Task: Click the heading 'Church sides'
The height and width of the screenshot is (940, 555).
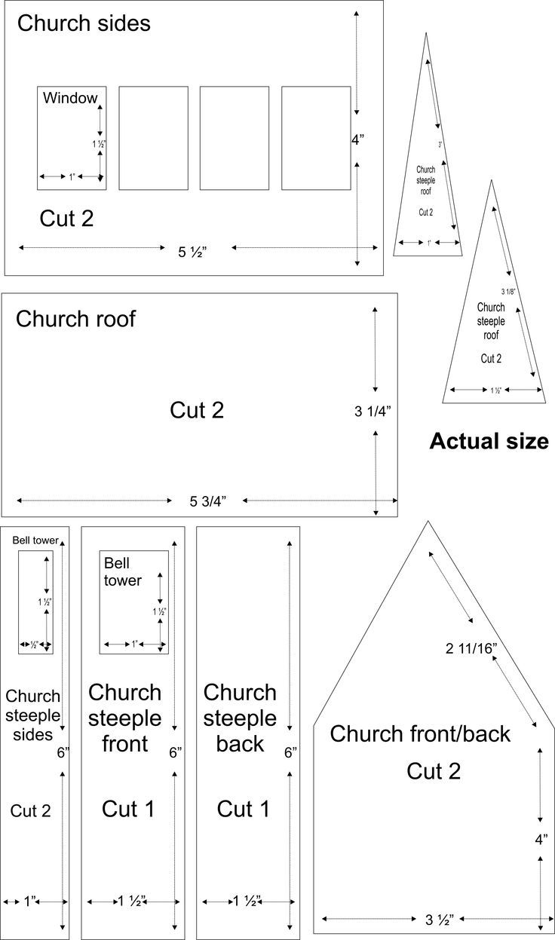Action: [x=84, y=23]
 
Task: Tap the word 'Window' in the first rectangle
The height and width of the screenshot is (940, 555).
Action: [x=70, y=97]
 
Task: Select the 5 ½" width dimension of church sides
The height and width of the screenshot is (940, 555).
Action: [x=193, y=253]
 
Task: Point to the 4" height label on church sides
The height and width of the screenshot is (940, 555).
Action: [x=358, y=139]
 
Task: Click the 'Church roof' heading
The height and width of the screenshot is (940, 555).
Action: [x=75, y=319]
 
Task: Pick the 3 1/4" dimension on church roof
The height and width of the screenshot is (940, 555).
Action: [x=373, y=411]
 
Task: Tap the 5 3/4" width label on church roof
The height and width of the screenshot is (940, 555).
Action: [x=207, y=501]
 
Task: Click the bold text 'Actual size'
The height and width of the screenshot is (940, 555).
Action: [x=489, y=442]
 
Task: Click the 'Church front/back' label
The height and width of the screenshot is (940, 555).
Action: [x=420, y=733]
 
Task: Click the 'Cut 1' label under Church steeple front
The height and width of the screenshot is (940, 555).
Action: [x=128, y=810]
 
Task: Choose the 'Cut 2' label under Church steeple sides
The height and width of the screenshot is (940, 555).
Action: [x=31, y=810]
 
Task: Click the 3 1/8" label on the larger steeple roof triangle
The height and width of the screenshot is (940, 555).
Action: [x=507, y=291]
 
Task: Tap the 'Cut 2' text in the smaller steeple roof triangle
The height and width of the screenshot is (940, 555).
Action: [x=426, y=213]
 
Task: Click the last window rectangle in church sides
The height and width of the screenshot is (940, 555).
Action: [x=316, y=138]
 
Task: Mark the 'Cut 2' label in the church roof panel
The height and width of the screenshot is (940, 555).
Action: [x=197, y=411]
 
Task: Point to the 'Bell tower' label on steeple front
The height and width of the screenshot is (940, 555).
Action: [x=123, y=572]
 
